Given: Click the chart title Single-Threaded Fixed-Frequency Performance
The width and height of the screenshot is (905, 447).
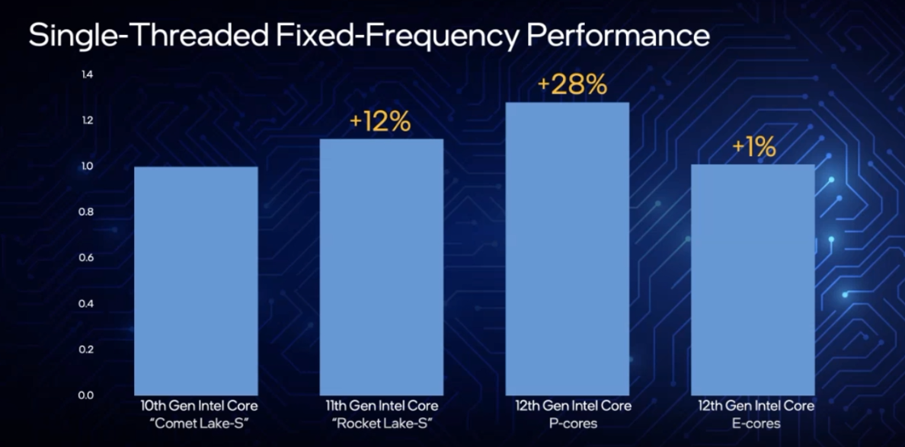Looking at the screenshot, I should pos(369,35).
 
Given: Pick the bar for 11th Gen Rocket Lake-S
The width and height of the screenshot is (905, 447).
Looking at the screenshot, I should pos(381,266).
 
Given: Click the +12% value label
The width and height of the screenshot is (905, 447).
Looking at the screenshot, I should pos(381,122).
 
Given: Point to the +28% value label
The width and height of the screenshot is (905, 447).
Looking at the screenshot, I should pos(572,85).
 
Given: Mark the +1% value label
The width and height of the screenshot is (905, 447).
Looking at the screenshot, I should pos(754,148).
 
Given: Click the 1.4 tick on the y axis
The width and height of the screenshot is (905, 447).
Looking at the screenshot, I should pos(87,75).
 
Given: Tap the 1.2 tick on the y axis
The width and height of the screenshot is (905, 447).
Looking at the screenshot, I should pos(87,120).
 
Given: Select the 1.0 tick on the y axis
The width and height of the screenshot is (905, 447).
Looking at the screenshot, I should pos(87,166).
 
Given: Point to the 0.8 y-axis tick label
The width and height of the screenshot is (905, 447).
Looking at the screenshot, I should pos(87,212).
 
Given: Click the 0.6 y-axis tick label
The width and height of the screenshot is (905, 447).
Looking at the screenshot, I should pos(87,257).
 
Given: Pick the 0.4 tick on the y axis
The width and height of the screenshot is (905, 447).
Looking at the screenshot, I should pos(87,304).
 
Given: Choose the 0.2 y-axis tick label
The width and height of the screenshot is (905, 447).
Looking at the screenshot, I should pos(87,350).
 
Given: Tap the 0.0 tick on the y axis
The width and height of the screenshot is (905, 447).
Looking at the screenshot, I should pos(87,395).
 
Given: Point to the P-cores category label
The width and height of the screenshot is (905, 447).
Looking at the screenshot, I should pos(568,423).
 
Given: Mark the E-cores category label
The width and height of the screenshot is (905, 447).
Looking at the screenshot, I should pos(753,423).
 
